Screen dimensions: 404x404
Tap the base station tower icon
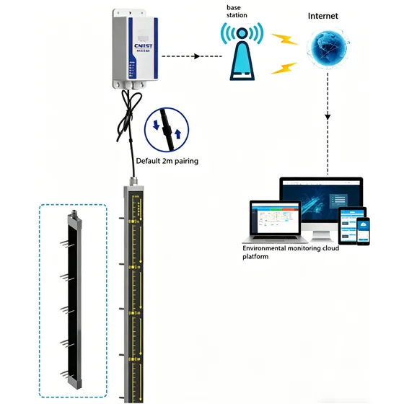[242, 54]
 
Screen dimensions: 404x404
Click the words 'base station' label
[237, 11]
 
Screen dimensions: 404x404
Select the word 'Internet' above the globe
[322, 16]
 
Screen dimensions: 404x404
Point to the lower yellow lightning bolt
[284, 69]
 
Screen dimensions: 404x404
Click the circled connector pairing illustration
[167, 128]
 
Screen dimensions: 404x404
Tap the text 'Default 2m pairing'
[167, 161]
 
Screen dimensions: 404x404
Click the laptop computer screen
[275, 217]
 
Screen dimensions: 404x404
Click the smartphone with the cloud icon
[363, 230]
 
